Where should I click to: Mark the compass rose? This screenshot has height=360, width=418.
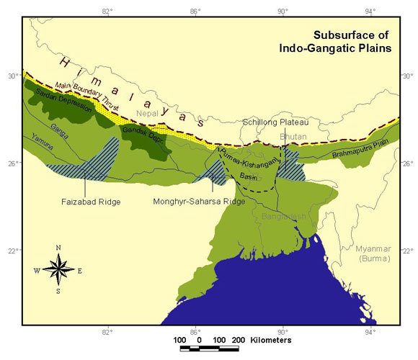tap(58, 270)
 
